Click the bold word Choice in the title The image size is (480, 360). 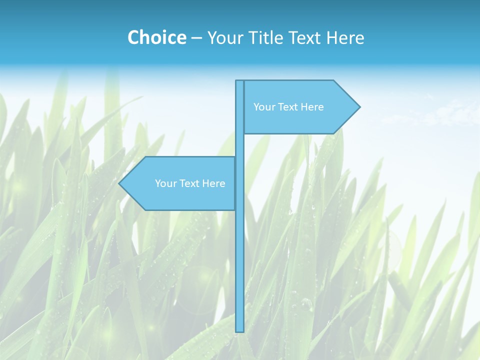[x=156, y=37]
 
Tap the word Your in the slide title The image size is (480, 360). [x=223, y=37]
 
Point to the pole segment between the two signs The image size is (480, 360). [x=239, y=145]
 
